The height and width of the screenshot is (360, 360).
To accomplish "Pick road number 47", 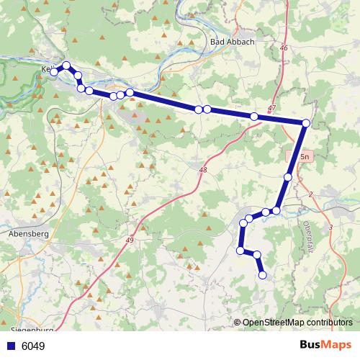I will pyautogui.click(x=271, y=109).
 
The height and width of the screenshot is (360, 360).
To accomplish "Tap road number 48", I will pyautogui.click(x=202, y=170).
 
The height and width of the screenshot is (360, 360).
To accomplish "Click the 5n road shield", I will pyautogui.click(x=305, y=156).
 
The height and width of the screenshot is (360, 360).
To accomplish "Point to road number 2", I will pyautogui.click(x=310, y=194).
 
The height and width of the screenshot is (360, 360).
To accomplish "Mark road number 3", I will pyautogui.click(x=330, y=228).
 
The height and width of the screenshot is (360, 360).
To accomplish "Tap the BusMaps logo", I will pyautogui.click(x=325, y=345).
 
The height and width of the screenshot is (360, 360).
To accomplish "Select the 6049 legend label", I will pyautogui.click(x=33, y=346).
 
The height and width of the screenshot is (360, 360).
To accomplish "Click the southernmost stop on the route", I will pyautogui.click(x=262, y=274).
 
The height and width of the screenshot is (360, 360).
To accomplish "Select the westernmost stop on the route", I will pyautogui.click(x=53, y=72).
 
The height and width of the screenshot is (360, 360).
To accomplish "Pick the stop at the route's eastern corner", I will pyautogui.click(x=306, y=124).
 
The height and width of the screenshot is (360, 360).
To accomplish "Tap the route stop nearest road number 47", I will pyautogui.click(x=254, y=117).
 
